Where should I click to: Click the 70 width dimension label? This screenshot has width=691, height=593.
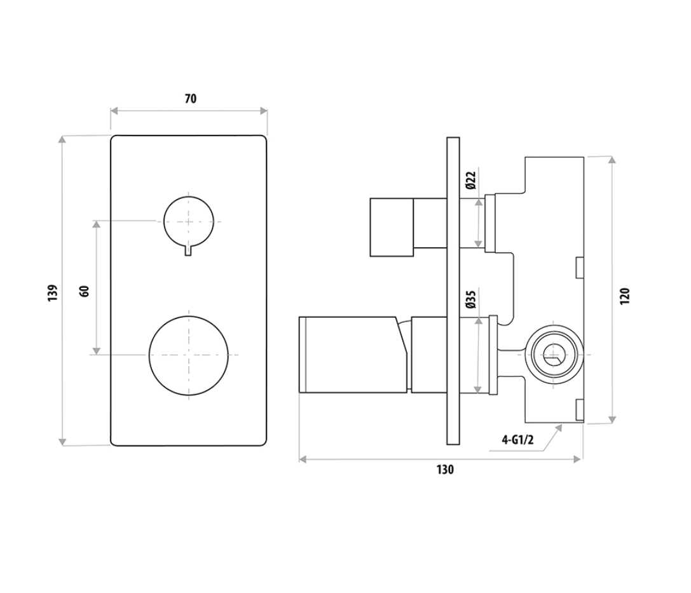(190, 99)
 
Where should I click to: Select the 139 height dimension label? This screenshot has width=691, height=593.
(53, 292)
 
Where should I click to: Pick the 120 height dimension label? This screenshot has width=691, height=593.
(625, 296)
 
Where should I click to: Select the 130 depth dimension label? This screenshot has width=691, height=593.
(445, 470)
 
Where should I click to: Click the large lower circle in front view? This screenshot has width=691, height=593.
(189, 355)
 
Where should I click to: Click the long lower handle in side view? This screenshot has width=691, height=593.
(353, 354)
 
